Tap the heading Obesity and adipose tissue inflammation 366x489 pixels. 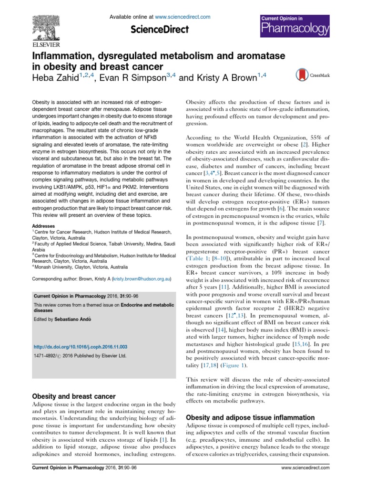(x=250, y=417)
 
